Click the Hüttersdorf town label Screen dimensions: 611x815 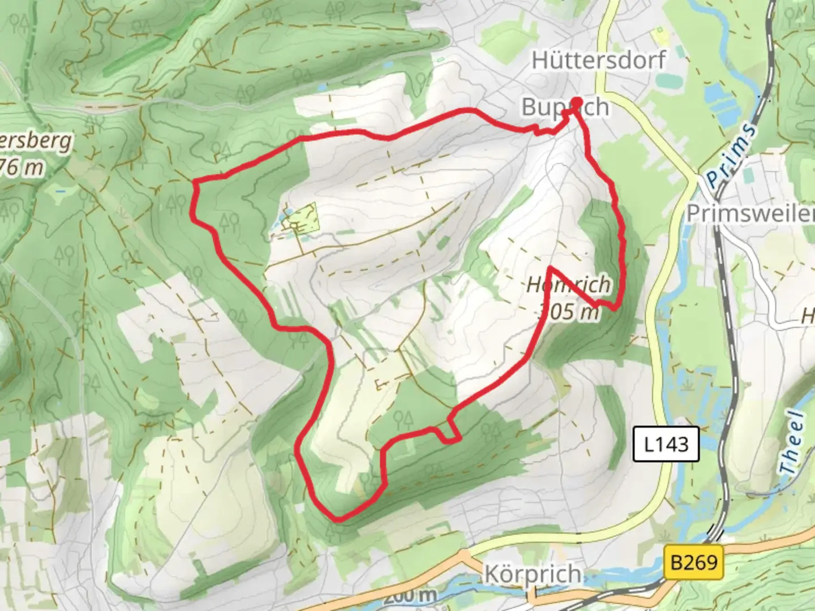(x=598, y=60)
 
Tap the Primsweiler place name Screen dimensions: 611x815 (x=750, y=213)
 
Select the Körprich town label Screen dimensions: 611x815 (x=533, y=574)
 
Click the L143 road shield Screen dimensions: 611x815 (x=666, y=444)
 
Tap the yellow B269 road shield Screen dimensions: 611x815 (x=693, y=562)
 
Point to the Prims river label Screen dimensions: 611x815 (x=731, y=155)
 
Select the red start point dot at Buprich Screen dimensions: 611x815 (x=577, y=103)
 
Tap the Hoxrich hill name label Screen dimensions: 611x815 (x=568, y=285)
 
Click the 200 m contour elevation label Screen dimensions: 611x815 (x=409, y=595)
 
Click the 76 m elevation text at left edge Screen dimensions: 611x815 (x=23, y=167)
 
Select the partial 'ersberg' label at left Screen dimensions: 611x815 (x=36, y=141)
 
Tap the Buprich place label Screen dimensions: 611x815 (x=565, y=107)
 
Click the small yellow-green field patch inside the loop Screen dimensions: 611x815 (x=303, y=218)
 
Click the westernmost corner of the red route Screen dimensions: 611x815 (x=194, y=182)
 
